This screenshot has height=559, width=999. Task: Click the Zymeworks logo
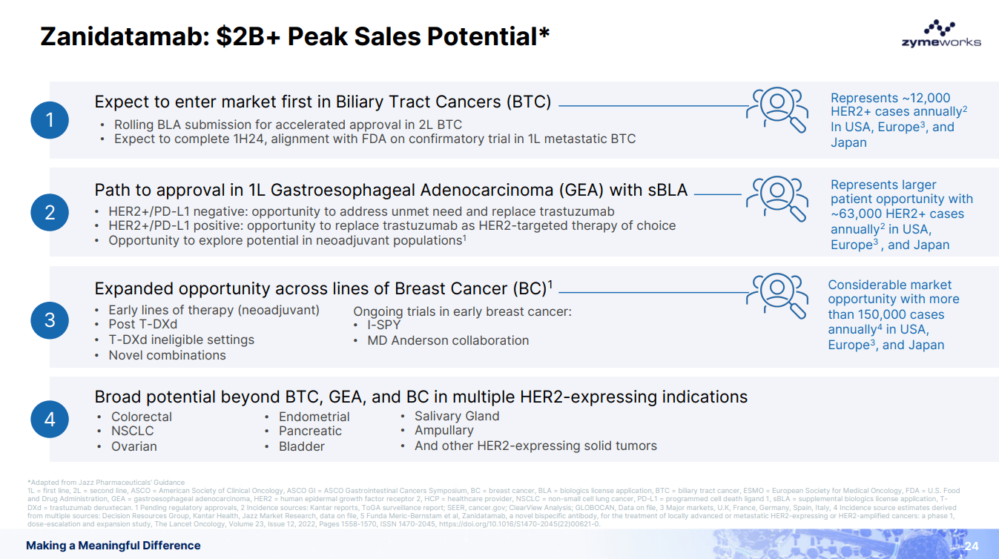pos(940,35)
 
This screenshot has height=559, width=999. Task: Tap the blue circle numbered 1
pos(50,120)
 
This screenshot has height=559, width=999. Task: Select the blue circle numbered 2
pos(50,213)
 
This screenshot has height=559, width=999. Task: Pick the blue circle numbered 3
pos(50,320)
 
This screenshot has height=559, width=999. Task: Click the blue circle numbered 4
pos(50,420)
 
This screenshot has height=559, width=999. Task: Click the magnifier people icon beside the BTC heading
pos(778,109)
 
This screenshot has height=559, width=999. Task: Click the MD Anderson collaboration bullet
pos(448,341)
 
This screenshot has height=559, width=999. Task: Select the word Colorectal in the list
pos(142,417)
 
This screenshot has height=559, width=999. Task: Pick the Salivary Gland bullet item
pos(457,416)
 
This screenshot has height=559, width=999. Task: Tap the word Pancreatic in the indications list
pos(310,431)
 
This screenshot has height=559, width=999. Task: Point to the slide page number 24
pos(972,546)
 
